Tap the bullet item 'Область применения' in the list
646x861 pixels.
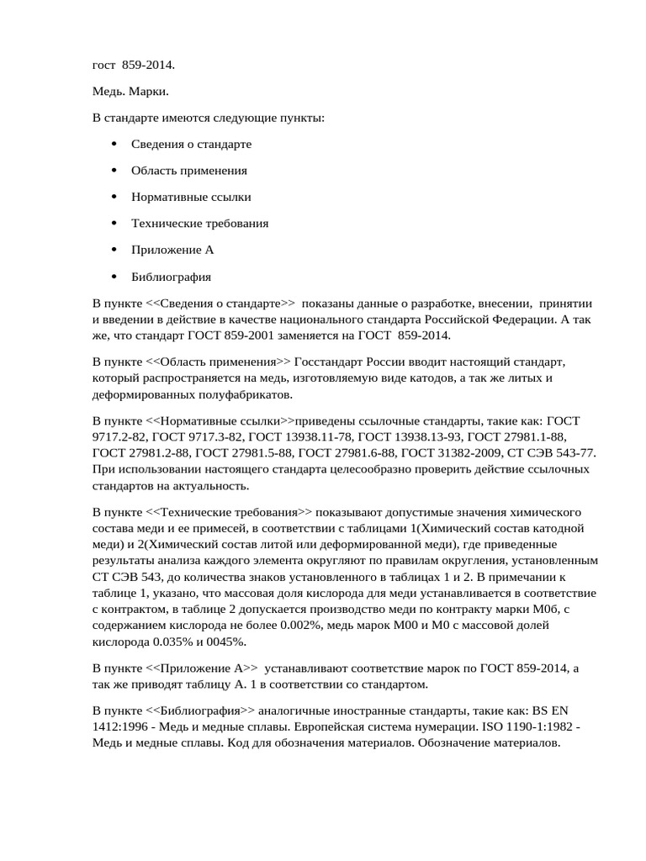pyautogui.click(x=188, y=171)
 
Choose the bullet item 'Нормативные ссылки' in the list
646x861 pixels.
pyautogui.click(x=191, y=197)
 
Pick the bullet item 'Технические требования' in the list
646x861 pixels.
pyautogui.click(x=199, y=224)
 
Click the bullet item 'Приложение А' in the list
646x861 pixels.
pyautogui.click(x=172, y=250)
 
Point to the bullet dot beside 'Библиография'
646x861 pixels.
pyautogui.click(x=114, y=277)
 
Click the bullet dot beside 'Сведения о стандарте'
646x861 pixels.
pyautogui.click(x=114, y=144)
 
